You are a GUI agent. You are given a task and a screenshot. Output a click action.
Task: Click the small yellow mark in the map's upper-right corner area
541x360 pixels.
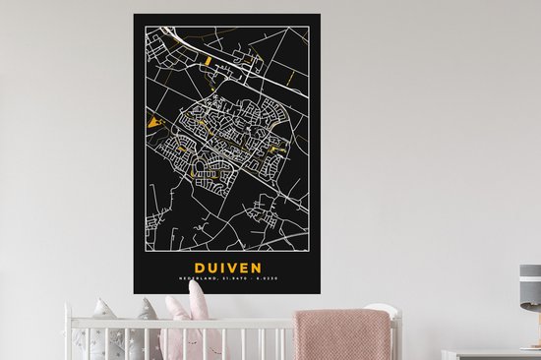(x=291, y=75)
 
